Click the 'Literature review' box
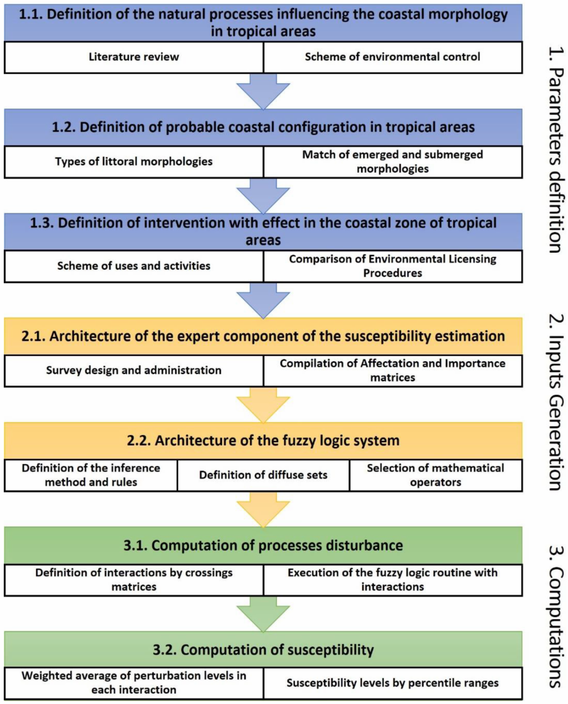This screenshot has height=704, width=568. coord(134,57)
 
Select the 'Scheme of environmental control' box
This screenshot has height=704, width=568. coord(392,57)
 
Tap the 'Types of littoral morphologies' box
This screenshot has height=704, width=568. coord(134,162)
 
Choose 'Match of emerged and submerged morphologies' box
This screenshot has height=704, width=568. coord(392,162)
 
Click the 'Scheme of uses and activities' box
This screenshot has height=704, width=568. coord(134,266)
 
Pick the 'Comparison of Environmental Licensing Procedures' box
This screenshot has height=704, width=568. coord(392,266)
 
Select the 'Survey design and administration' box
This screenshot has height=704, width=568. coord(134,370)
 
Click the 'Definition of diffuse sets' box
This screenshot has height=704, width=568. coord(263,475)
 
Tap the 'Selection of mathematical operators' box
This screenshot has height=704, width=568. coord(435,475)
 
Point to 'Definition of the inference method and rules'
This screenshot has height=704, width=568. coord(91,475)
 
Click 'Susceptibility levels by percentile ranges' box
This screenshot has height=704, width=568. coord(392,683)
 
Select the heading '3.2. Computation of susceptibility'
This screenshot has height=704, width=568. coord(263,650)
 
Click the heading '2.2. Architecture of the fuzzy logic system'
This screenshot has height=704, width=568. coord(263,441)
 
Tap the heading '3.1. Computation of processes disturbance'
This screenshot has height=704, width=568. coord(263,545)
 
